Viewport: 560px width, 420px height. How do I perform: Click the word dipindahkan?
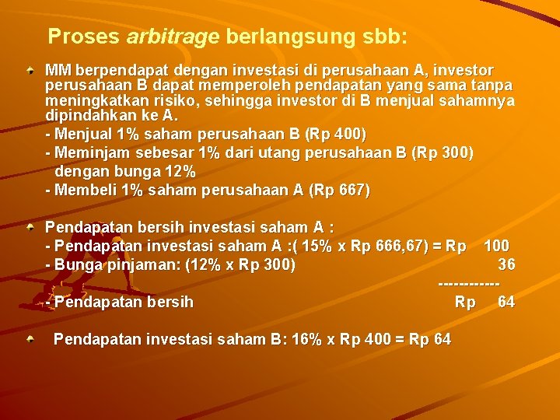[88, 116]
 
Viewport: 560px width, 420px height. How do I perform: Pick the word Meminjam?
[90, 152]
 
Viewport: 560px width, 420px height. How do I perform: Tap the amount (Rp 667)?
[340, 190]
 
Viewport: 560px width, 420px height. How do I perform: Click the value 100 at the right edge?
[496, 247]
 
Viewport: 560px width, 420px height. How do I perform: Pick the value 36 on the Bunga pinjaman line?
[506, 264]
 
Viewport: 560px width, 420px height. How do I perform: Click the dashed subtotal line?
[477, 283]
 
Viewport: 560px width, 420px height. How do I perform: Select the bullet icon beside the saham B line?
[30, 339]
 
